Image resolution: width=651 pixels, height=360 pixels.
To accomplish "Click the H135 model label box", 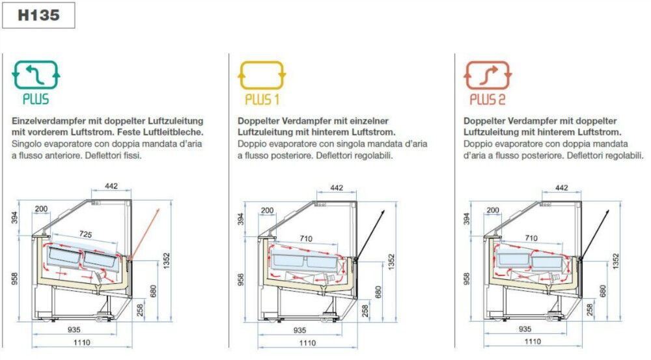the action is pos(38,16).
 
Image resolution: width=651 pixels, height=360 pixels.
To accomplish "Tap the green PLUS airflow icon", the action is pos(36,75).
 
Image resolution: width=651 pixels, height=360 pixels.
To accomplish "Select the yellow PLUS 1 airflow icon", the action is pos(262,75).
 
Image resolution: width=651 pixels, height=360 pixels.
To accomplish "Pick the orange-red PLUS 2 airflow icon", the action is pos(488,75).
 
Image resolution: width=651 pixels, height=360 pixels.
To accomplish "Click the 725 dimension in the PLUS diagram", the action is pos(85,234).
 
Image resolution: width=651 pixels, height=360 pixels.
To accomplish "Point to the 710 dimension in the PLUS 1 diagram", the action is pos(306,238).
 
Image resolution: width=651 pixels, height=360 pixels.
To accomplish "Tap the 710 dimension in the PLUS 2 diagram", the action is pos(531,238).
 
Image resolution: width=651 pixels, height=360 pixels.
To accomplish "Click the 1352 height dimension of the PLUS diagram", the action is pos(167,261).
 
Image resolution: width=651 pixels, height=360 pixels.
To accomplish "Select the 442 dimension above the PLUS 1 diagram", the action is pos(337,187).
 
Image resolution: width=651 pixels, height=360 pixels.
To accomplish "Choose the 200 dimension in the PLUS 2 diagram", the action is pos(493,210).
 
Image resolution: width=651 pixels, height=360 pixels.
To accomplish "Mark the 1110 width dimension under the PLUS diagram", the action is pos(82,342).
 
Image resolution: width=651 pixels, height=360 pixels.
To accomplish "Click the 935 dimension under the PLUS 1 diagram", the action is pos(299,330).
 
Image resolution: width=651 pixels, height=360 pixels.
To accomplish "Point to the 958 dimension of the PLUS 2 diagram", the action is pos(466,279).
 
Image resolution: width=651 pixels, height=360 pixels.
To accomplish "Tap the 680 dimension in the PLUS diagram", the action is pos(153,291).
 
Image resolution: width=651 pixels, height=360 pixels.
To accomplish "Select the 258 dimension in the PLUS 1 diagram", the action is pos(365,311).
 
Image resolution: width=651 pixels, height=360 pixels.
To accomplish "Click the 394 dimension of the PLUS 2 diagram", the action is pos(466,218).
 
